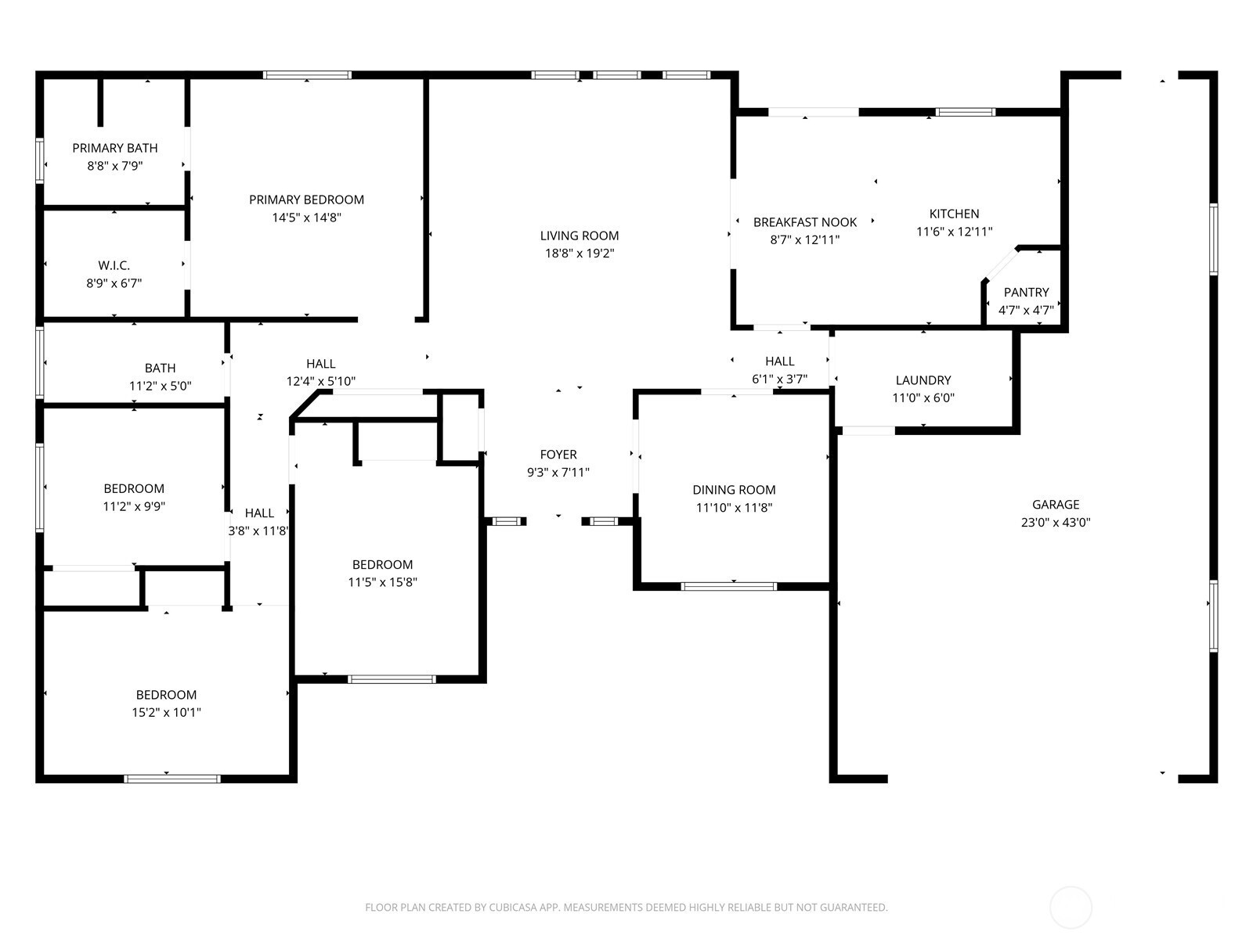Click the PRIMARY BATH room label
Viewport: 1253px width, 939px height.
coord(115,148)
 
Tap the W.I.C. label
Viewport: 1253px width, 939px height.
coord(114,265)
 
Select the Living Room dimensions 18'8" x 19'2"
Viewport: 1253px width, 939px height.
coord(580,253)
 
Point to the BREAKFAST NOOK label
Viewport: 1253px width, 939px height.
coord(805,222)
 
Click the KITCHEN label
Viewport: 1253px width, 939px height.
coord(955,214)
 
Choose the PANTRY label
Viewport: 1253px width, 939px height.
coord(1027,293)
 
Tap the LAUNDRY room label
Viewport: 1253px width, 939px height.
coord(923,380)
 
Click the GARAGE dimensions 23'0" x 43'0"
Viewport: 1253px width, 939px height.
coord(1056,522)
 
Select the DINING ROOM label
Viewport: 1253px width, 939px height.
coord(734,490)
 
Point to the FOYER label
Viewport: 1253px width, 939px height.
coord(558,455)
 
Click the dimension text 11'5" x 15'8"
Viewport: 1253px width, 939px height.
coord(382,582)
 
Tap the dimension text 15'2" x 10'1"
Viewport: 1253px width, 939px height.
coord(166,712)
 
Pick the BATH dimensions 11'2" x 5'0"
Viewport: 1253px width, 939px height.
coord(161,386)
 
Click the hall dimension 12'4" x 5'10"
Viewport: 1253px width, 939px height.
coord(321,381)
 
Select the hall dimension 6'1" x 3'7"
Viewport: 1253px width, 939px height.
coord(780,380)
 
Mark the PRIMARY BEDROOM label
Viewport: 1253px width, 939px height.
coord(306,200)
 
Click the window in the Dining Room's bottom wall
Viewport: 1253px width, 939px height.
coord(729,587)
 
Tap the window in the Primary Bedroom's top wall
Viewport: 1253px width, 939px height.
coord(307,74)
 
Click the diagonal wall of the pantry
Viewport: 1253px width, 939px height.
coord(1000,264)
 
